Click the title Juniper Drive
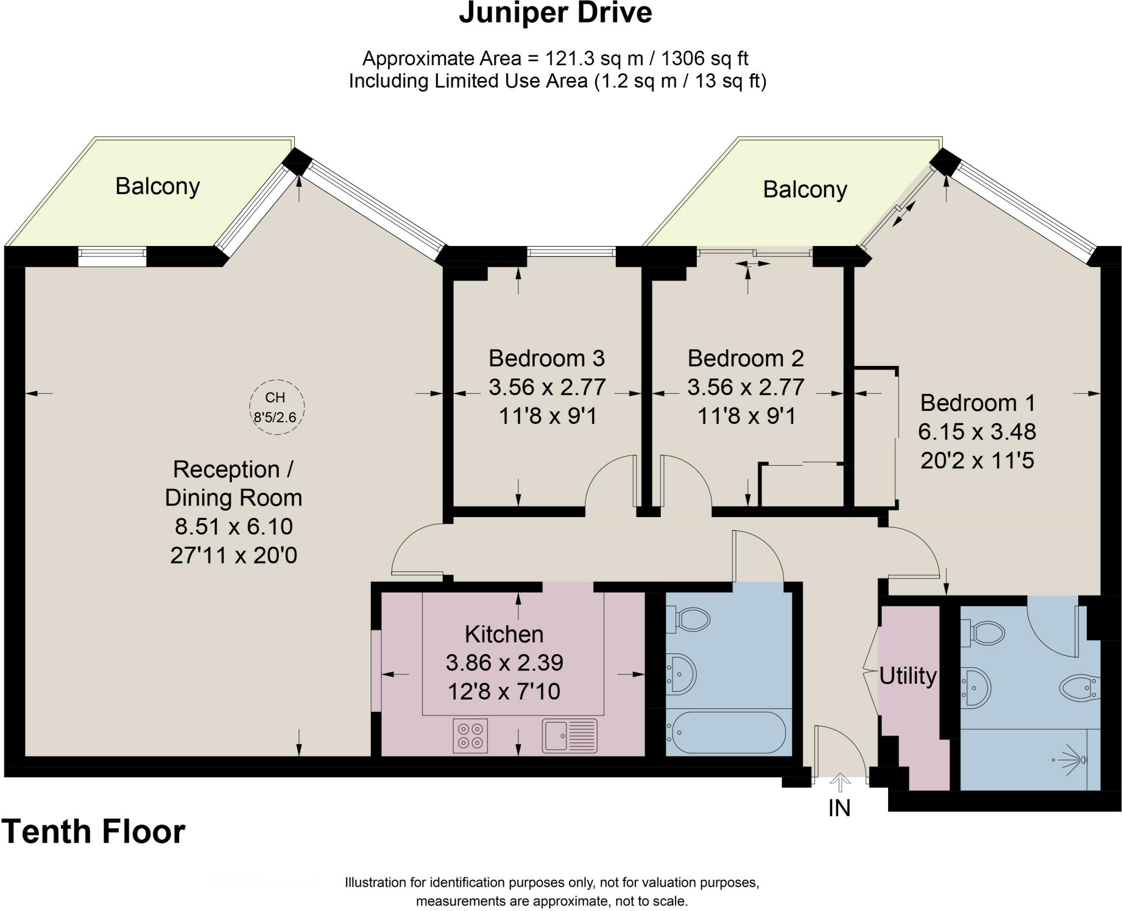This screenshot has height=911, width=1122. pyautogui.click(x=555, y=13)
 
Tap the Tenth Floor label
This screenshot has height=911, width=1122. pyautogui.click(x=93, y=832)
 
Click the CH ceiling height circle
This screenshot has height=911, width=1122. pyautogui.click(x=277, y=407)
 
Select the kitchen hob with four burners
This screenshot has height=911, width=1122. pyautogui.click(x=471, y=736)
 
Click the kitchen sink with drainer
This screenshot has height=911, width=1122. pyautogui.click(x=570, y=736)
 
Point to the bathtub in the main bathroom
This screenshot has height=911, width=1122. pyautogui.click(x=725, y=732)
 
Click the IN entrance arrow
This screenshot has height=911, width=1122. pyautogui.click(x=839, y=783)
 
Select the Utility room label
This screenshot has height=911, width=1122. pyautogui.click(x=908, y=677)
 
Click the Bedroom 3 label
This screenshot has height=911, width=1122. pyautogui.click(x=547, y=358)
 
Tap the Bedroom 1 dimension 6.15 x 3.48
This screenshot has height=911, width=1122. pyautogui.click(x=977, y=432)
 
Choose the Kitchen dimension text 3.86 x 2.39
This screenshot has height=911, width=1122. pyautogui.click(x=505, y=663)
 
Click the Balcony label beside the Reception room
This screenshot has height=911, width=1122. pyautogui.click(x=158, y=187)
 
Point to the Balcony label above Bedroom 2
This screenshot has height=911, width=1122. pyautogui.click(x=805, y=190)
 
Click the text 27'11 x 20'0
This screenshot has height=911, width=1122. pyautogui.click(x=234, y=555)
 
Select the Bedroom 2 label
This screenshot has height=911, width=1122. pyautogui.click(x=746, y=358)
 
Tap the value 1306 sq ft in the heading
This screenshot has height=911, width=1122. pyautogui.click(x=705, y=58)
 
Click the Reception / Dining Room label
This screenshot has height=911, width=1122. pyautogui.click(x=234, y=484)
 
